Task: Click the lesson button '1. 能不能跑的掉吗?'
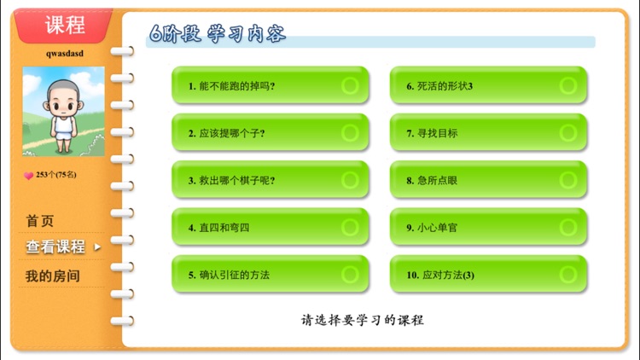pyautogui.click(x=270, y=85)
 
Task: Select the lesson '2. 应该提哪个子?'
pyautogui.click(x=270, y=133)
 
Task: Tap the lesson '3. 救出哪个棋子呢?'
pyautogui.click(x=270, y=180)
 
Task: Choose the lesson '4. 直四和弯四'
pyautogui.click(x=270, y=228)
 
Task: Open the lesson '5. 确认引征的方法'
pyautogui.click(x=270, y=275)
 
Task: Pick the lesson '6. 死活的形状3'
pyautogui.click(x=488, y=85)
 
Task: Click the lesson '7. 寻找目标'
pyautogui.click(x=488, y=133)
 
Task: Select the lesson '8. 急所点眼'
pyautogui.click(x=488, y=180)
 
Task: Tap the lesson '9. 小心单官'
pyautogui.click(x=488, y=228)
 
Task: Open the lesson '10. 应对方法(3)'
pyautogui.click(x=488, y=275)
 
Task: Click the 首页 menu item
pyautogui.click(x=40, y=221)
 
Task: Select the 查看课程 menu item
pyautogui.click(x=55, y=247)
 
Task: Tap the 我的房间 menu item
pyautogui.click(x=52, y=276)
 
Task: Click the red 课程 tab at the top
pyautogui.click(x=65, y=25)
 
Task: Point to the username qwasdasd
pyautogui.click(x=65, y=53)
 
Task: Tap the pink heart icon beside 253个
pyautogui.click(x=28, y=175)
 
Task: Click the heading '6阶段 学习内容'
pyautogui.click(x=218, y=34)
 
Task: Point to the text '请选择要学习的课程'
pyautogui.click(x=363, y=321)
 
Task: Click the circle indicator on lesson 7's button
pyautogui.click(x=567, y=133)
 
